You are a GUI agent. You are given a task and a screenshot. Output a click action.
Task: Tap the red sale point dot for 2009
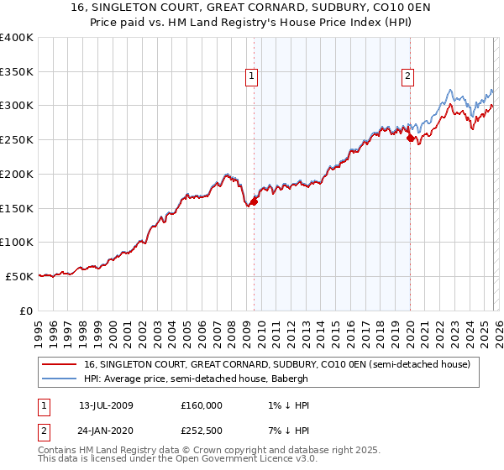[254, 201]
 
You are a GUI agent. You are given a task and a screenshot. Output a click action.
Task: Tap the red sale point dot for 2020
[410, 138]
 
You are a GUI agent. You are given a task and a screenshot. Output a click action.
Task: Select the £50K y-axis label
[19, 276]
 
